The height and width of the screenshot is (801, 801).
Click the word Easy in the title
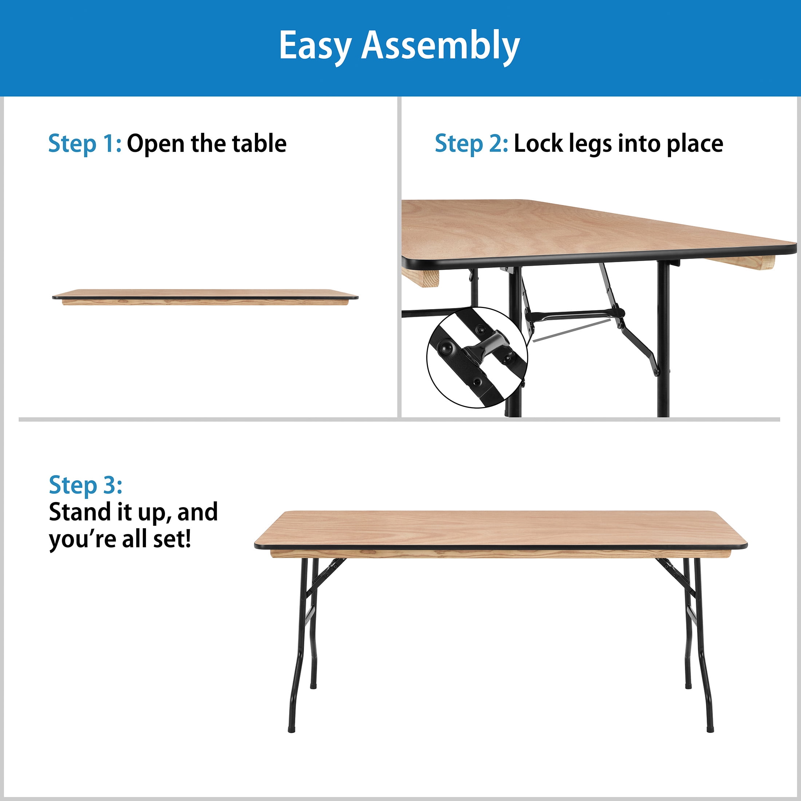(x=315, y=46)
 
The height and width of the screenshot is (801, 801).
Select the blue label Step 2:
(x=471, y=144)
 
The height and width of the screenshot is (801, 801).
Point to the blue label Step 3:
(x=86, y=485)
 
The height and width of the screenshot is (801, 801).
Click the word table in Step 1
(x=259, y=143)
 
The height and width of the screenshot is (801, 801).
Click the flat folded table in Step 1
(x=205, y=297)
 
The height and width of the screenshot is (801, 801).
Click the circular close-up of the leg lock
(x=477, y=358)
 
